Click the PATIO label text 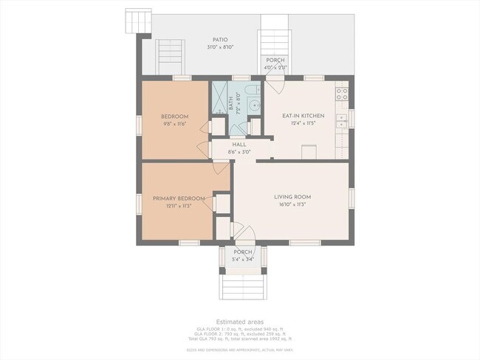coord(219,40)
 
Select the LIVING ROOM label coord(292,197)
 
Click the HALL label coord(239,145)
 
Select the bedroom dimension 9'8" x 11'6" coord(174,124)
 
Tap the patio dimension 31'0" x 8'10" coord(219,47)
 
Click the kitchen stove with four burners coord(341,94)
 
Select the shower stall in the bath coord(220,97)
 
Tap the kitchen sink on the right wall coord(342,121)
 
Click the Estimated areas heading coord(239,322)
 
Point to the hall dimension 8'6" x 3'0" coord(239,152)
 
